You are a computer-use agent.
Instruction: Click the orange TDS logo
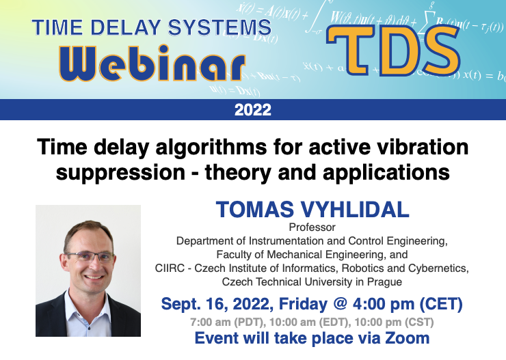pos(393,51)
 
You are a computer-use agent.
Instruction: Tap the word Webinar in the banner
pos(152,63)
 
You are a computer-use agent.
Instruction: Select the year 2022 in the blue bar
pos(253,110)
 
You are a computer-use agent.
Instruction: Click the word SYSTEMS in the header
pos(219,27)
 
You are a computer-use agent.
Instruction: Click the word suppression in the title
pos(120,172)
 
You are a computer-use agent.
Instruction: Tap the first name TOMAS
pos(255,210)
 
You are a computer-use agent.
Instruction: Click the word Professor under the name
pos(312,227)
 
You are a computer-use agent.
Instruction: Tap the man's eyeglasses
pos(90,256)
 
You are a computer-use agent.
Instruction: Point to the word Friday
pos(303,304)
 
